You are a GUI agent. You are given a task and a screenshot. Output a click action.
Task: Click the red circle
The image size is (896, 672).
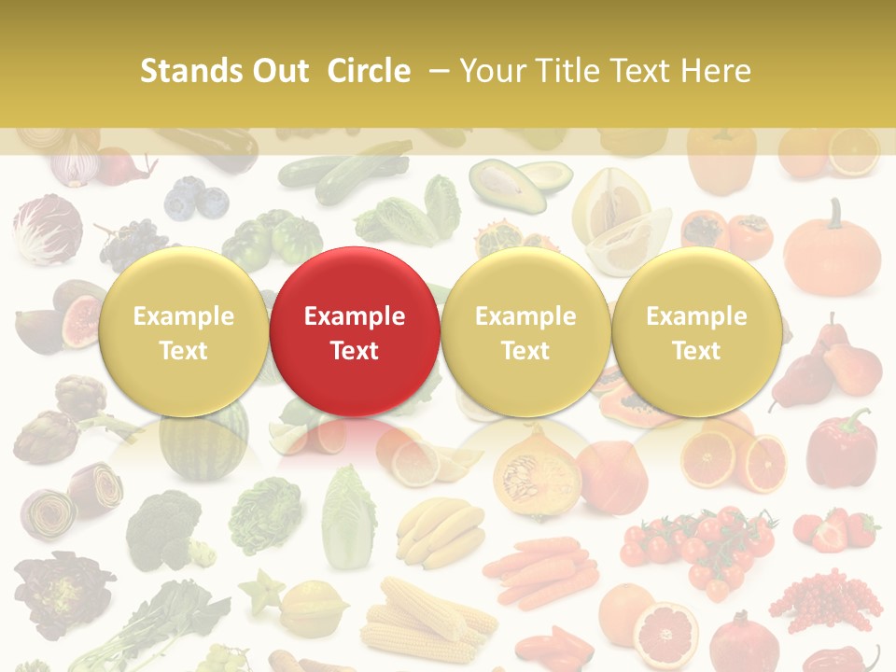[x=355, y=331]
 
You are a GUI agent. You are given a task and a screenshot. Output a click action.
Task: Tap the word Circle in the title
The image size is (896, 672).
[x=369, y=71]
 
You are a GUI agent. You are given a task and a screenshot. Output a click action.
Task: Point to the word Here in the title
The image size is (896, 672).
[x=715, y=71]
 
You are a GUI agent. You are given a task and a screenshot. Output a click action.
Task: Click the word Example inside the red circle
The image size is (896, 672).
[x=355, y=316]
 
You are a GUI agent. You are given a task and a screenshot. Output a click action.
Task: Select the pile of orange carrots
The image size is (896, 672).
[x=541, y=569]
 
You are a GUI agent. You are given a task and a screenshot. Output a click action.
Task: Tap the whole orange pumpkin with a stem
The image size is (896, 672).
[x=832, y=252]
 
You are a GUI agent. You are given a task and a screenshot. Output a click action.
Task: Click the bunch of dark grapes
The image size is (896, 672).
[x=131, y=243]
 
